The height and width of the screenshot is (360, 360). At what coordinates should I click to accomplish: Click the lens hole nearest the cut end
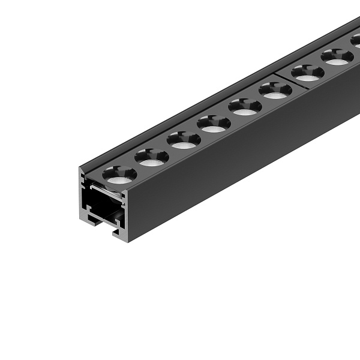[x=119, y=175]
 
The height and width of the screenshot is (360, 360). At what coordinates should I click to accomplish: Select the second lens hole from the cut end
[x=152, y=157]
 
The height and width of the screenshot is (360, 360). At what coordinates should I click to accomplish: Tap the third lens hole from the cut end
[x=184, y=140]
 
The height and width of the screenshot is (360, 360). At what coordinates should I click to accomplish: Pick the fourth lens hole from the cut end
[x=214, y=124]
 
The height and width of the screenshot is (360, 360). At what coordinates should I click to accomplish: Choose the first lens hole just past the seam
[x=308, y=73]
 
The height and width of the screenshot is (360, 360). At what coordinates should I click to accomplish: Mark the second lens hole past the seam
[x=337, y=57]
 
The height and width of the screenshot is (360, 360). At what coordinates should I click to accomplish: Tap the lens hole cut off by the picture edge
[x=356, y=41]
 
